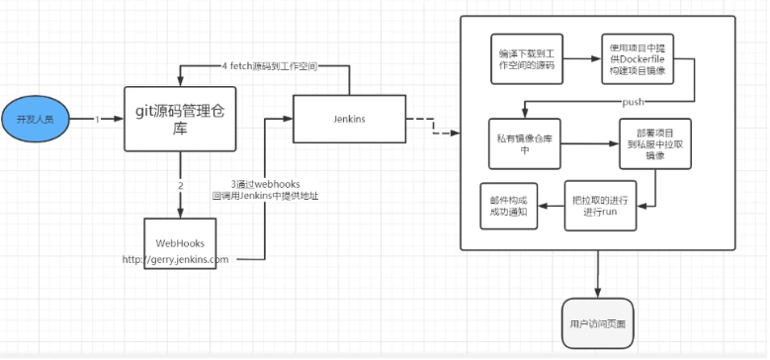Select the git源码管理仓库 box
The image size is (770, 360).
coord(180,119)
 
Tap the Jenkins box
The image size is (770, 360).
coord(347,120)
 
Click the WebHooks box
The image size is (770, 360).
coord(180,243)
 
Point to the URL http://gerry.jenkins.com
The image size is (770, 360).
coord(175,260)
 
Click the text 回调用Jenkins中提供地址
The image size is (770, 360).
coord(265,196)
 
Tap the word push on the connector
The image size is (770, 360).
coord(635,102)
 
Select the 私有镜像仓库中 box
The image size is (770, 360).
coord(526,142)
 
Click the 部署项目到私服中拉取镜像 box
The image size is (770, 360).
coord(653,142)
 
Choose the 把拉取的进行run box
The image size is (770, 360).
coord(597,204)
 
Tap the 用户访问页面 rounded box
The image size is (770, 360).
coord(597,322)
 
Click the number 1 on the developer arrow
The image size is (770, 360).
coord(97,120)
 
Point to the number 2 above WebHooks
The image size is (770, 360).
coord(180,186)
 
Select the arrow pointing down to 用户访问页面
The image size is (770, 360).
coord(597,272)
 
